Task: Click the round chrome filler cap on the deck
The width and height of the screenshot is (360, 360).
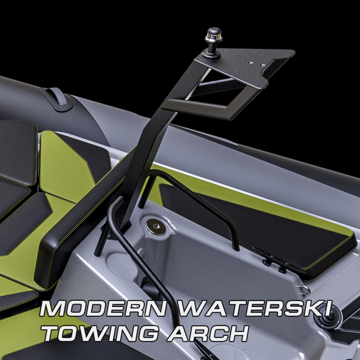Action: click(x=156, y=227)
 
